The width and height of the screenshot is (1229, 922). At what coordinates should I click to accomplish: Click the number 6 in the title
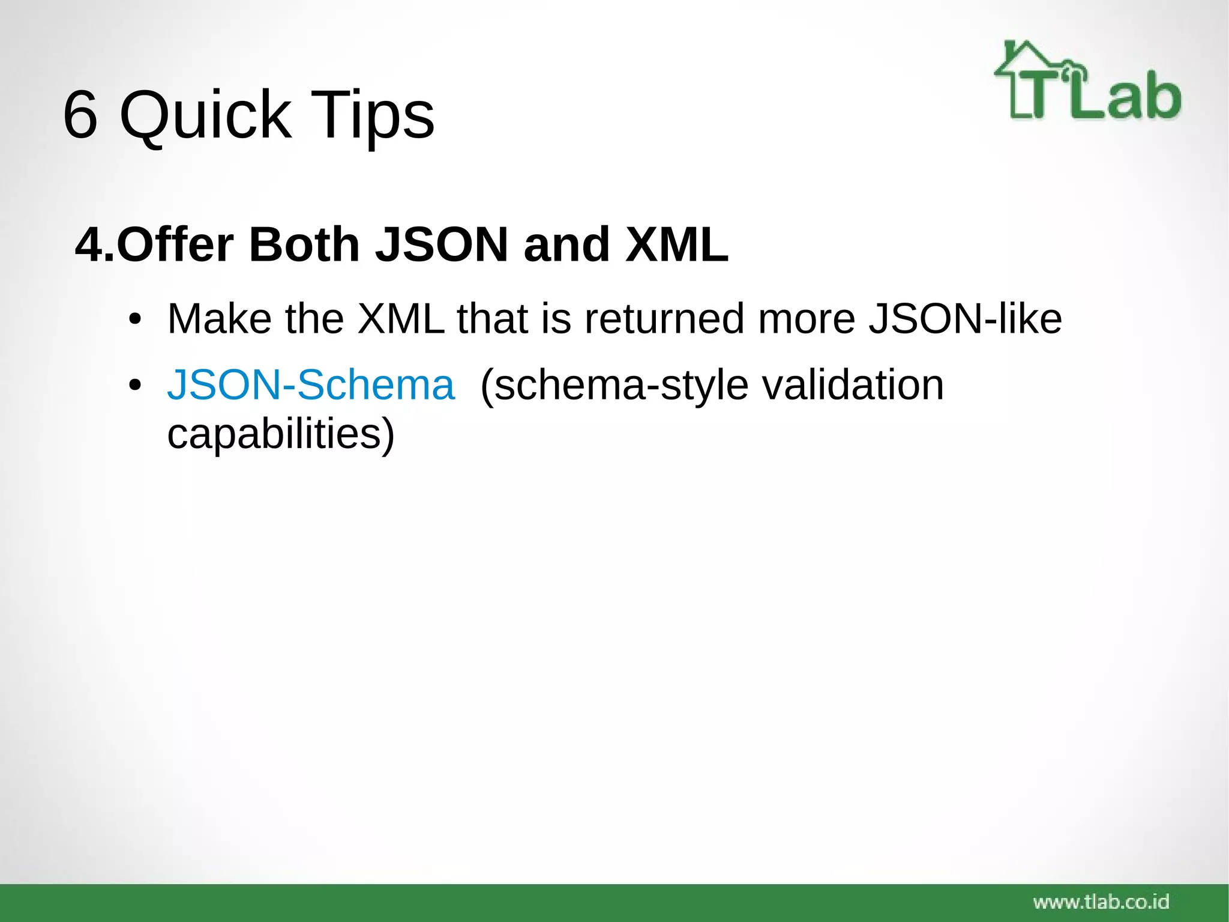80,114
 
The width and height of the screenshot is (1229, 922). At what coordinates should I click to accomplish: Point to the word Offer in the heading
175,245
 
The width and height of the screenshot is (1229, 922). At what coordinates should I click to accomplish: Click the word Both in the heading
304,245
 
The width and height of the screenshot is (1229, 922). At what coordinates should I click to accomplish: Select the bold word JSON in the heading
442,245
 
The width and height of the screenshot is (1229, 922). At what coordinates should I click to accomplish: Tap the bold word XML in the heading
676,245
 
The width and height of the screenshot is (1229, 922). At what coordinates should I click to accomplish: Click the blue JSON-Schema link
311,385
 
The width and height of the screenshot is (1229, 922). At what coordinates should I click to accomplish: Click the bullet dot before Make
135,320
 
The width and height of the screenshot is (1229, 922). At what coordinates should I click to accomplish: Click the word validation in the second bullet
853,385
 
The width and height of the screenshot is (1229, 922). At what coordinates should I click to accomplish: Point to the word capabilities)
281,434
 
